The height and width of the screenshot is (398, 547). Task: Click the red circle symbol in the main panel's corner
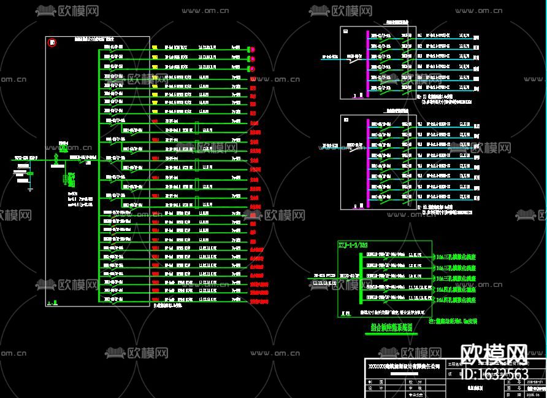(x=53, y=42)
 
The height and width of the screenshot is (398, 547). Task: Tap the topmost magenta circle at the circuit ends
(x=251, y=49)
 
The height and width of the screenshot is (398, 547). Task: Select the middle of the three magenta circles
(x=251, y=58)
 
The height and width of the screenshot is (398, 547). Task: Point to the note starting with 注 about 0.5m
(x=453, y=321)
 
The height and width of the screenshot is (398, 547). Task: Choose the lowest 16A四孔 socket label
(x=456, y=300)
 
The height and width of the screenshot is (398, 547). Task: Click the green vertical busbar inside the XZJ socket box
(x=360, y=278)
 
